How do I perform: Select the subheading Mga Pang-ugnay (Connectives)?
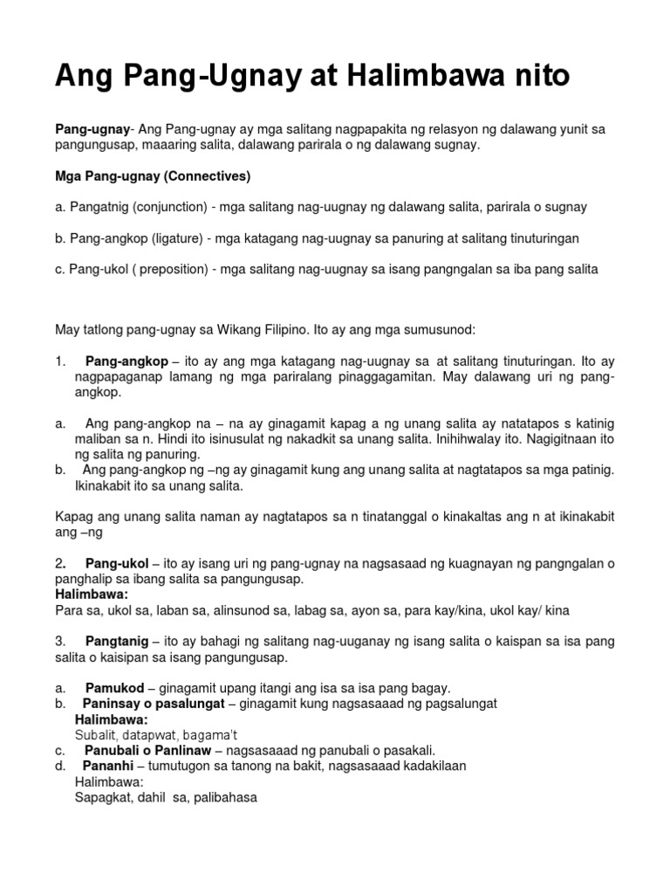(x=153, y=176)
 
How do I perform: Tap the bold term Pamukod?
(x=114, y=689)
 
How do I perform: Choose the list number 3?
(x=58, y=642)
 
